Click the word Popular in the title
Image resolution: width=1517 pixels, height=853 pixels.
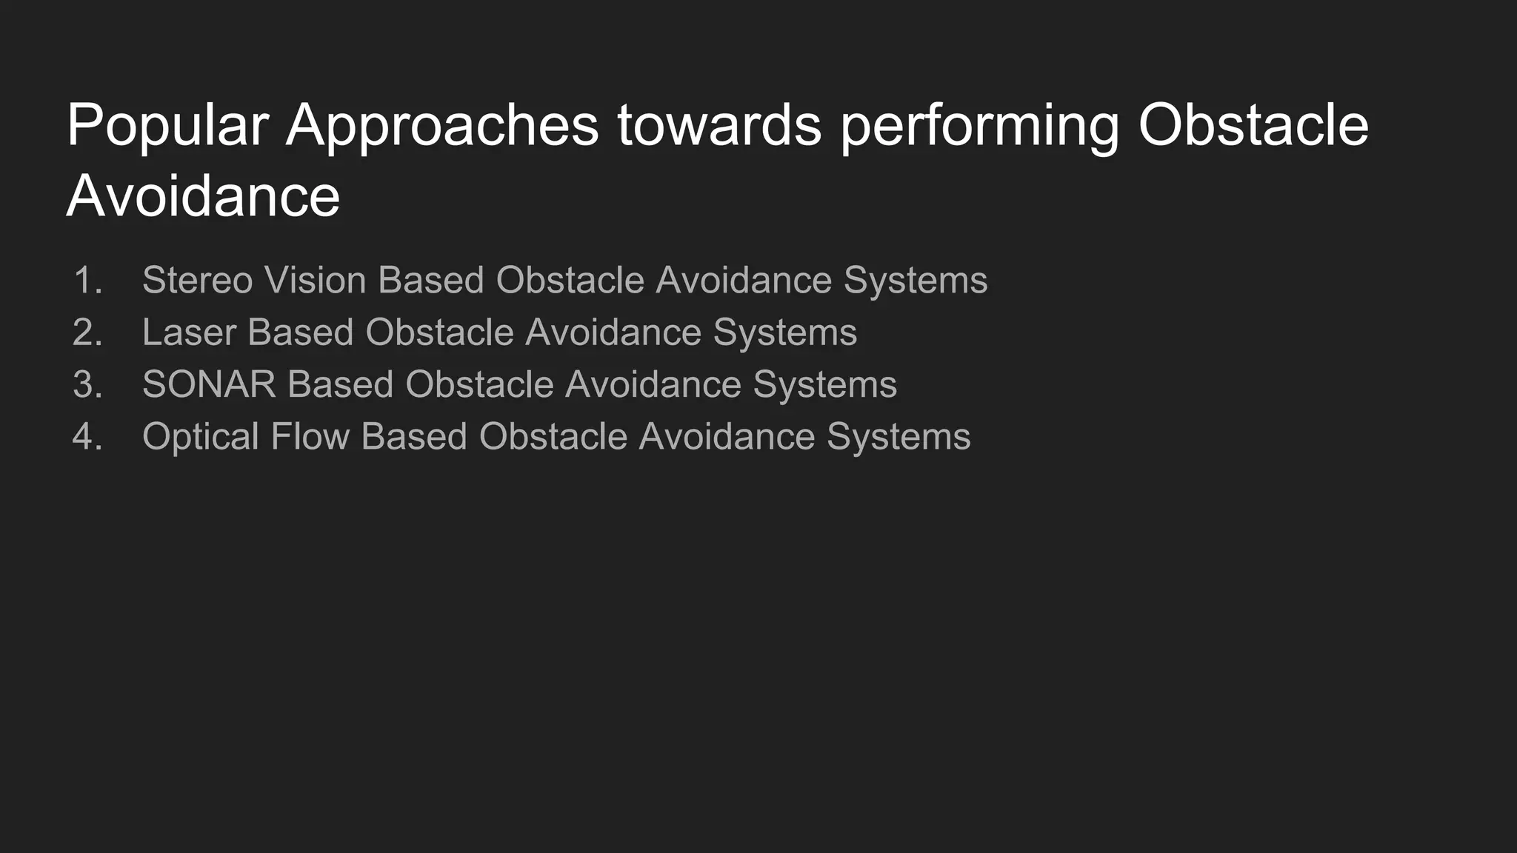tap(167, 126)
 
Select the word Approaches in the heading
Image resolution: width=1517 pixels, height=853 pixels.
tap(442, 126)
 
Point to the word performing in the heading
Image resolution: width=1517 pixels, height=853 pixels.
tap(980, 126)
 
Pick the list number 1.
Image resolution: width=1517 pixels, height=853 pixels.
tap(87, 281)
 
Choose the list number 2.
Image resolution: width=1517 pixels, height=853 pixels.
tap(87, 332)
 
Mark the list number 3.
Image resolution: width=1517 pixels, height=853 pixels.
tap(87, 384)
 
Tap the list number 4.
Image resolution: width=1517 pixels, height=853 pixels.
tap(87, 436)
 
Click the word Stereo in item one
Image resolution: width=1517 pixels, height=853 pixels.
tap(197, 281)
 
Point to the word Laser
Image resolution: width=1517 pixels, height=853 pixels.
tap(189, 332)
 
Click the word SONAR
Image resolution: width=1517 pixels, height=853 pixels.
tap(209, 384)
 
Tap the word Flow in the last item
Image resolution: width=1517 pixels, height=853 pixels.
tap(310, 436)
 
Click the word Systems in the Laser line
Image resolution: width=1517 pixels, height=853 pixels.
tap(785, 332)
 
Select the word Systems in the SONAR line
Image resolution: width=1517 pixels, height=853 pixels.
tap(825, 384)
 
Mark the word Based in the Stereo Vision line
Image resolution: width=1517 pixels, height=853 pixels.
tap(430, 281)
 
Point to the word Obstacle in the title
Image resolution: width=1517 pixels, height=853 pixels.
tap(1253, 126)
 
